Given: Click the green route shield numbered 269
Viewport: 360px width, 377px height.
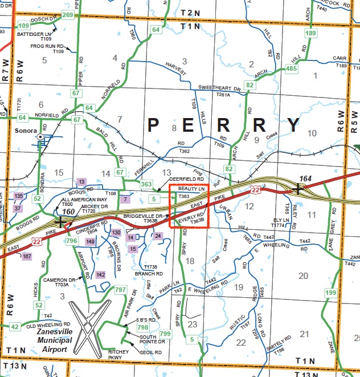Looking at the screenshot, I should [x=67, y=15].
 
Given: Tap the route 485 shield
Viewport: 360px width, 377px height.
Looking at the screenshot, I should [x=292, y=69].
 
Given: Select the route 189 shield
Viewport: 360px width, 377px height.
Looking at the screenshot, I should [x=310, y=34].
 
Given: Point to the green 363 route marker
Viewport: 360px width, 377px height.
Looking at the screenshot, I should [x=146, y=184].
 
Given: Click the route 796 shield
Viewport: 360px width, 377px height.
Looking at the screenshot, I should [x=71, y=241].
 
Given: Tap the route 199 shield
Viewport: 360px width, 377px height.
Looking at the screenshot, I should [x=331, y=293].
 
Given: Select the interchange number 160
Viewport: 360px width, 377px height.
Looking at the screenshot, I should [x=69, y=212].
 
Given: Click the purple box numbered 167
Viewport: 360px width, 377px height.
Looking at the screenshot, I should [x=27, y=256].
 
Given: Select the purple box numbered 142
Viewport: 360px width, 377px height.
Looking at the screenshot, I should [x=100, y=275].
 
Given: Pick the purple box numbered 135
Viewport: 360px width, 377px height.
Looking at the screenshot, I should [x=19, y=196].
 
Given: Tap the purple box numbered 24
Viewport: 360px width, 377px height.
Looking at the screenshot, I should [x=158, y=236].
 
